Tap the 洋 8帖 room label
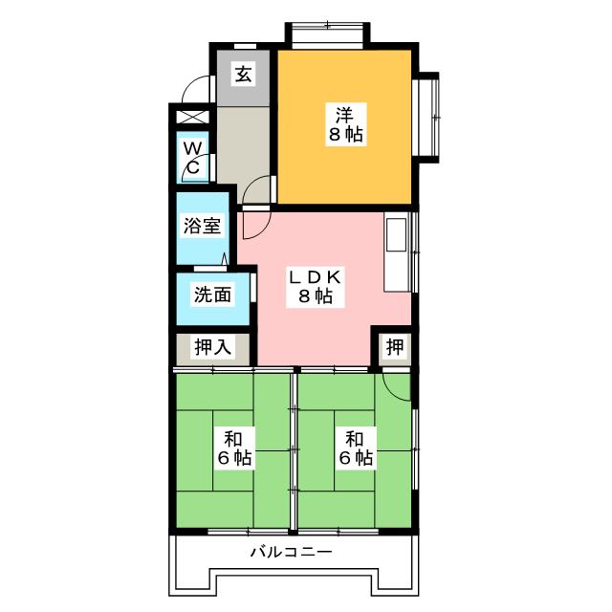pos(344,121)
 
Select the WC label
pos(192,158)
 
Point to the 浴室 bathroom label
pos(203,227)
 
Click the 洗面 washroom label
pos(212,295)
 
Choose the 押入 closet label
pos(212,347)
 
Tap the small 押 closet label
pos(393,347)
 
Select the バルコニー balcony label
pos(291,554)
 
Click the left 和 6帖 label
pos(231,448)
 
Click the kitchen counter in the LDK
pos(397,251)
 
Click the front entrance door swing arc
pos(199,88)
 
